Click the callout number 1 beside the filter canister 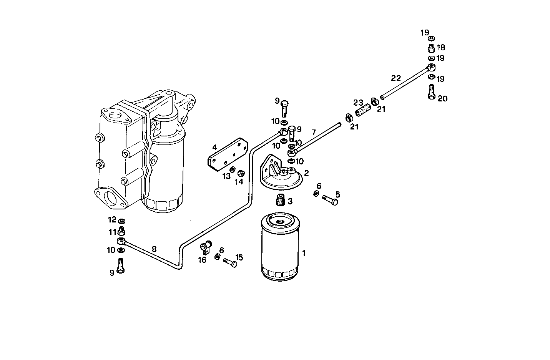[304, 253]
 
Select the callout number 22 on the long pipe [396, 78]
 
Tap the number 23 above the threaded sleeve [358, 103]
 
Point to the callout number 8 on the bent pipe [154, 249]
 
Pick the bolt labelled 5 [329, 199]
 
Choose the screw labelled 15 [230, 263]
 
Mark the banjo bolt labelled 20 [431, 91]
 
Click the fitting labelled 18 [431, 48]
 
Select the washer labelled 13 [233, 169]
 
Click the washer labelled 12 [122, 221]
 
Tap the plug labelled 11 [122, 231]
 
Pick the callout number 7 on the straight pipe [314, 133]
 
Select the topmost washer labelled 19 [431, 38]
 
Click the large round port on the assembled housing [111, 198]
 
